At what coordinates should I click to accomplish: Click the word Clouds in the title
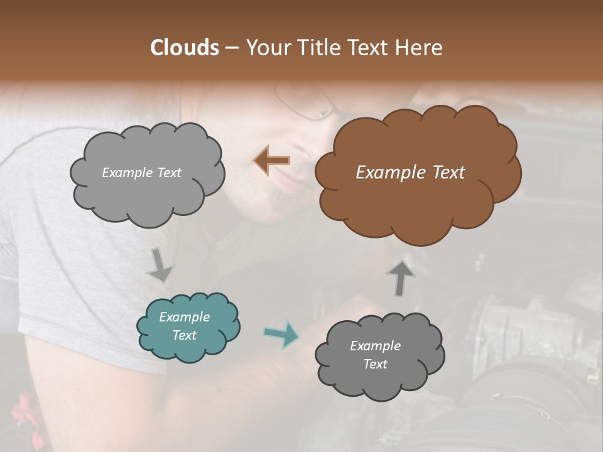(184, 48)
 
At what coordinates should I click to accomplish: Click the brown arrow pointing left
(272, 161)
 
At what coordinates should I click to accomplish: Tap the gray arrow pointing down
(160, 264)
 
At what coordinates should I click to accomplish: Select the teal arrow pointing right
(281, 334)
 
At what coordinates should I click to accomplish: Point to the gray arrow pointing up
(399, 277)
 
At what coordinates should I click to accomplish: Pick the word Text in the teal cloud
(185, 335)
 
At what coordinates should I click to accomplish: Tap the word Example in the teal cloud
(185, 317)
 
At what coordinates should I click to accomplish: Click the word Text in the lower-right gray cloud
(376, 364)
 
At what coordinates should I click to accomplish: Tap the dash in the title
(231, 48)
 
